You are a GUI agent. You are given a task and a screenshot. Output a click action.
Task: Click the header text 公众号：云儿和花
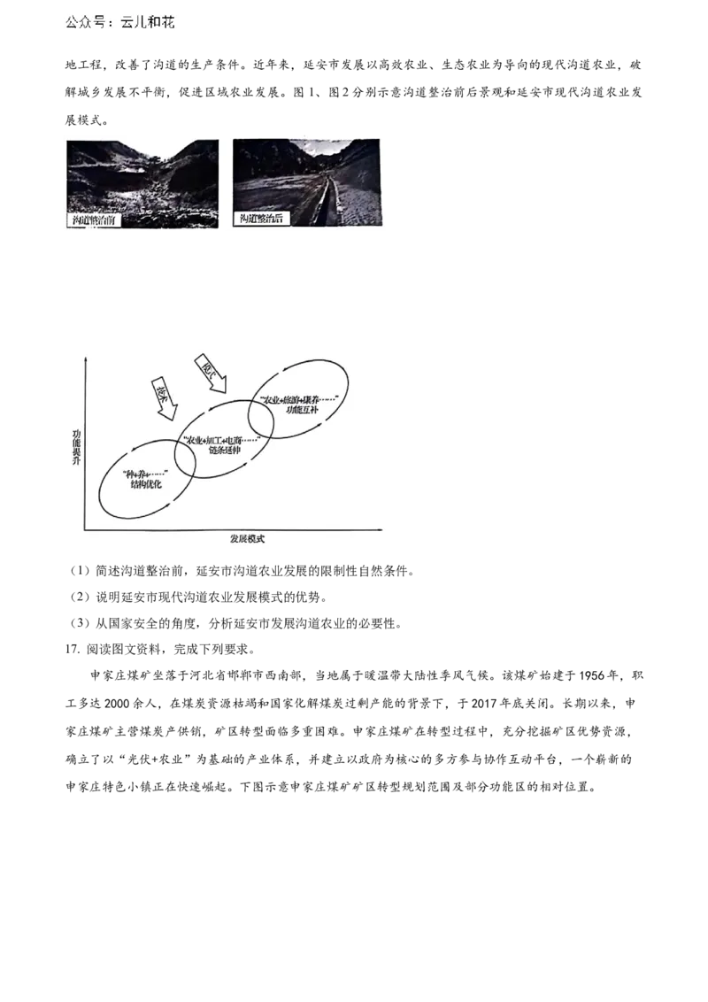pos(120,24)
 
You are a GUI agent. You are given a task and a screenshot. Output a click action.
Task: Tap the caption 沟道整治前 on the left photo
pos(95,219)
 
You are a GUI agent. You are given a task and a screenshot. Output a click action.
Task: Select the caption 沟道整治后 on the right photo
pos(260,218)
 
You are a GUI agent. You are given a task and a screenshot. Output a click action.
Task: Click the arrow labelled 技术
pos(165,399)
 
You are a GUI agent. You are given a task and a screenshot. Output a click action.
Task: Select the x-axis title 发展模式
pos(246,538)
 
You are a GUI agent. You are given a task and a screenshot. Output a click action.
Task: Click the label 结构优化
pos(146,485)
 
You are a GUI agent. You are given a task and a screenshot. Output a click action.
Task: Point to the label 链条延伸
pos(220,451)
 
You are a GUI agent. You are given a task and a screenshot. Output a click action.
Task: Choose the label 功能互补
pos(300,410)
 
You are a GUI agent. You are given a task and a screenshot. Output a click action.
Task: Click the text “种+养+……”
pos(146,474)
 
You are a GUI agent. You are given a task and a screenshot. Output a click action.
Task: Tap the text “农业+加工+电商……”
pos(220,440)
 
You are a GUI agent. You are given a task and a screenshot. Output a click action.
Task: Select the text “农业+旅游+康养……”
pos(300,399)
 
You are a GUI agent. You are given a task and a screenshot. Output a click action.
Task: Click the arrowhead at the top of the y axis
pos(84,358)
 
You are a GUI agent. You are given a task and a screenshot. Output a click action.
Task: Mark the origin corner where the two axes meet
pos(84,529)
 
